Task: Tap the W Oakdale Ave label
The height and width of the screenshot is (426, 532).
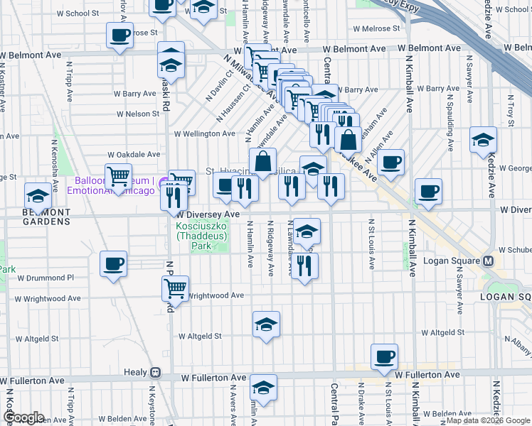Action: [x=134, y=154]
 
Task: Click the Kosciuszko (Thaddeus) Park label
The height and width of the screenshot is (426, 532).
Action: [x=203, y=236]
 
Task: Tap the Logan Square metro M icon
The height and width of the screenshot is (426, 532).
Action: [x=489, y=260]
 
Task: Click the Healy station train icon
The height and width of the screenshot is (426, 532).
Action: [x=155, y=372]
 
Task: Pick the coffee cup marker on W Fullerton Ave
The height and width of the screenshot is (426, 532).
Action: [x=384, y=356]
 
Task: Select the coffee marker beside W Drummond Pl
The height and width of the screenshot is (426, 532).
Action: [x=114, y=265]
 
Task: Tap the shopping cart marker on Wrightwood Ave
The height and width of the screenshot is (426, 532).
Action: [x=175, y=288]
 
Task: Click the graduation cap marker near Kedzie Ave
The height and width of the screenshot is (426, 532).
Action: [x=483, y=140]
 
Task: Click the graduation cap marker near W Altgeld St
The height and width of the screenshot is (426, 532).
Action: [x=266, y=325]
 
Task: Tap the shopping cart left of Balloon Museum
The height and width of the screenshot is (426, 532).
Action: [x=118, y=175]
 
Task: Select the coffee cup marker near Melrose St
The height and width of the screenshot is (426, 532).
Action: [x=119, y=35]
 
